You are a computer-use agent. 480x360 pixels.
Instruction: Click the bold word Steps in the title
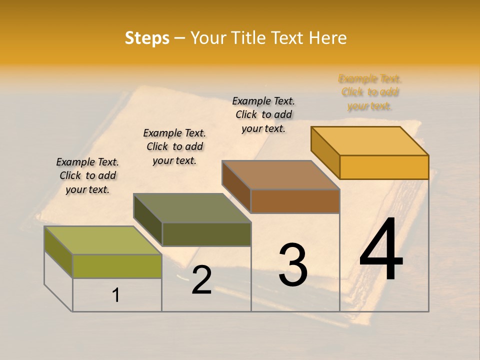pyautogui.click(x=147, y=38)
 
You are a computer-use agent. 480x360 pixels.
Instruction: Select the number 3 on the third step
pyautogui.click(x=293, y=264)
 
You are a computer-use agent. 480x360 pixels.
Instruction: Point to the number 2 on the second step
pyautogui.click(x=201, y=280)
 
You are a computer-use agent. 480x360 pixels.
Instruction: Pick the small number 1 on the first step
pyautogui.click(x=116, y=295)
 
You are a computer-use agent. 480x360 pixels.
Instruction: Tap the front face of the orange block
pyautogui.click(x=384, y=167)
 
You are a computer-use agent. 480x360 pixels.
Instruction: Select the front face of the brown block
pyautogui.click(x=295, y=201)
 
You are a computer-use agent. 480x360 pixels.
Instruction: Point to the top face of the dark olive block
pyautogui.click(x=192, y=208)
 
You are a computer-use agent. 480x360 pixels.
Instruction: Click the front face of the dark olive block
pyautogui.click(x=206, y=234)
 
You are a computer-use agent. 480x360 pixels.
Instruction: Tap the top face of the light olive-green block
pyautogui.click(x=103, y=240)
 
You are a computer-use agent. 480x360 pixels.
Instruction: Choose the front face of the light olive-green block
pyautogui.click(x=117, y=266)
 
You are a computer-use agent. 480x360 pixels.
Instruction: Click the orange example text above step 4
pyautogui.click(x=370, y=92)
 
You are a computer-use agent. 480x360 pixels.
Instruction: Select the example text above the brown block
pyautogui.click(x=263, y=114)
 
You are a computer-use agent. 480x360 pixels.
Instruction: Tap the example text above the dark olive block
pyautogui.click(x=174, y=146)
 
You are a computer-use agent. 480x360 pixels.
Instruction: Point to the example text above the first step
pyautogui.click(x=87, y=175)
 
